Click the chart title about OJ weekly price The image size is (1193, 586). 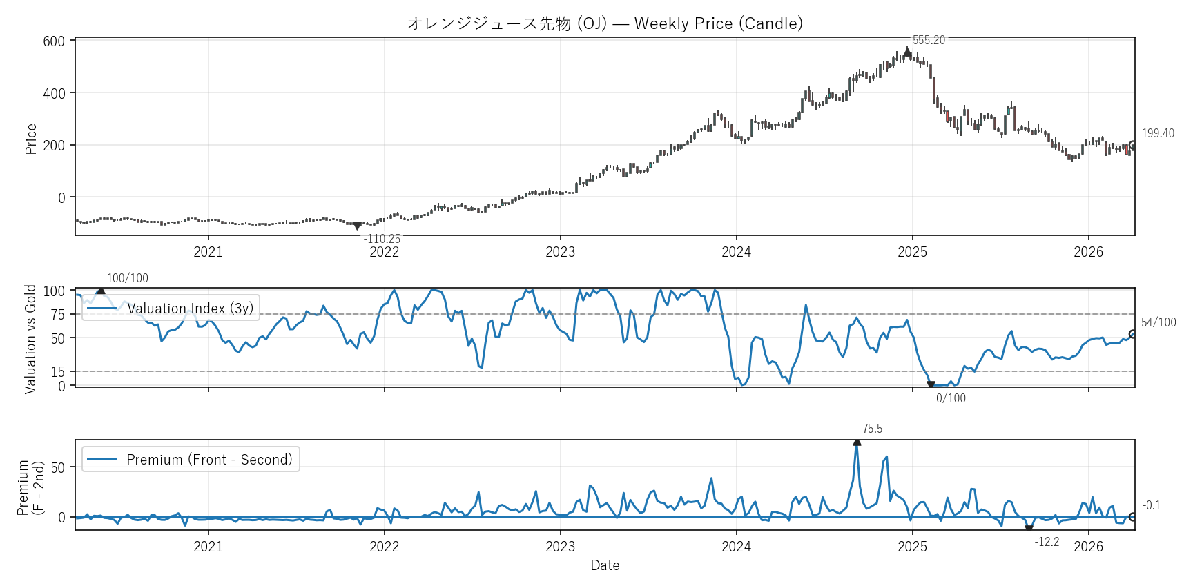605,23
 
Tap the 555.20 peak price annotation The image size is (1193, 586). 929,40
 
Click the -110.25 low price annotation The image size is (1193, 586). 382,239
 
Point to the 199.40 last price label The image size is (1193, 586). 1158,133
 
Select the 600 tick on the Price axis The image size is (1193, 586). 54,41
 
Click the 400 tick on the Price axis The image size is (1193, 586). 54,93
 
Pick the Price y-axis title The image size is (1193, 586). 31,139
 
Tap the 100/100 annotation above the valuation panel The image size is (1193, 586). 128,278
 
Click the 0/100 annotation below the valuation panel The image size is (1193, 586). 951,398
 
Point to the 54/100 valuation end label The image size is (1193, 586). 1158,322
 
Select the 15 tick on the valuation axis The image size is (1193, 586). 58,372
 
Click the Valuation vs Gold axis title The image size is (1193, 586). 31,339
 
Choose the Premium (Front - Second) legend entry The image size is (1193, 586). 191,460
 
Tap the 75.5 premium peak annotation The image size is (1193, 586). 872,429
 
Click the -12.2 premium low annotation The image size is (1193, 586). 1047,542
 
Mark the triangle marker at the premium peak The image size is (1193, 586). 857,442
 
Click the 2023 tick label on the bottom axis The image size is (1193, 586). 560,547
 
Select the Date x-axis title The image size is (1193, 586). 605,565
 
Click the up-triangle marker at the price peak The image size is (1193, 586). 907,52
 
